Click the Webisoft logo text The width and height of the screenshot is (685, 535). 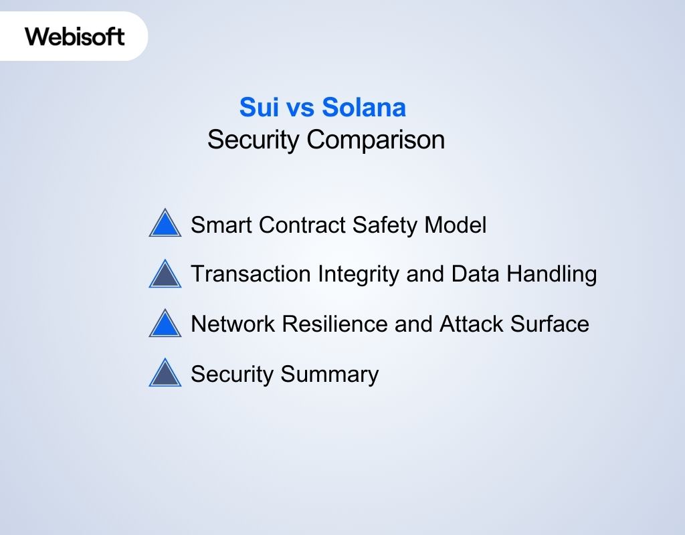pyautogui.click(x=75, y=35)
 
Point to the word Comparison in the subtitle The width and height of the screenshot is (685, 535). pyautogui.click(x=375, y=140)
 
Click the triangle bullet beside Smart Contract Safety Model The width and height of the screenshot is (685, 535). pyautogui.click(x=165, y=224)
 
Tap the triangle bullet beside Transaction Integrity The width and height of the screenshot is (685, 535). pyautogui.click(x=165, y=274)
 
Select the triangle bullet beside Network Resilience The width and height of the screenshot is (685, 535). pyautogui.click(x=165, y=324)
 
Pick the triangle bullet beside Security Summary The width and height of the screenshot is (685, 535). pyautogui.click(x=165, y=374)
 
